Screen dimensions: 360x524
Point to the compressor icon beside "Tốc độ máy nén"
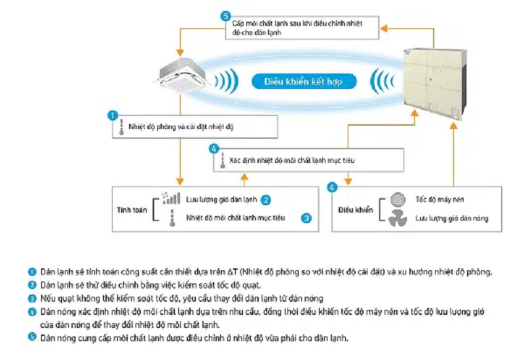coord(398,200)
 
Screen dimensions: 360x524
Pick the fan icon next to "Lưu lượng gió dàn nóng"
coord(398,219)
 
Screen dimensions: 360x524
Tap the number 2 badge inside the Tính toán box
coord(267,200)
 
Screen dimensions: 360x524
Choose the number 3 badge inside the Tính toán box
coord(306,218)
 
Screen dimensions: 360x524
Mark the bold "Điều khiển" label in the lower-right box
coord(356,209)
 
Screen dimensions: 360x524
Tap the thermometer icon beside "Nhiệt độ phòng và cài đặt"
coord(121,128)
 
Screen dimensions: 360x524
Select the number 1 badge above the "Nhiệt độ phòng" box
coord(113,115)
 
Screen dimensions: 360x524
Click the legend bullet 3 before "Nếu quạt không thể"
coord(31,298)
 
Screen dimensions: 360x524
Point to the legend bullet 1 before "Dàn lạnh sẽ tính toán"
coord(31,272)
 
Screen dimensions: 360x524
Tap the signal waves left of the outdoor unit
coord(379,81)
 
